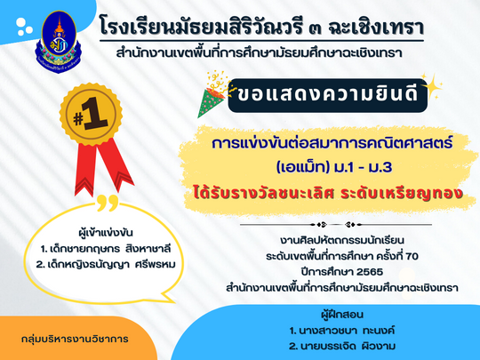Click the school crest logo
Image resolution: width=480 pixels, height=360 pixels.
point(59,42)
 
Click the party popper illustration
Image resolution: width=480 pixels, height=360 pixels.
point(213,94)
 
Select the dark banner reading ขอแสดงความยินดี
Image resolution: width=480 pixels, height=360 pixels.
point(327,95)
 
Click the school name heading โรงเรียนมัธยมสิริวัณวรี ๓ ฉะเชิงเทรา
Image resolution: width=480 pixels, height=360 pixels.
point(261,28)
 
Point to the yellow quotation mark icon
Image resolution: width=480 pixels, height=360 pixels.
point(108,203)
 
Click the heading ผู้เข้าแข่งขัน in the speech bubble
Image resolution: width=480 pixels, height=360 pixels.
point(106,233)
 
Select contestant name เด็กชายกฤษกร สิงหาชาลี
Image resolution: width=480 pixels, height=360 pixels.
point(106,249)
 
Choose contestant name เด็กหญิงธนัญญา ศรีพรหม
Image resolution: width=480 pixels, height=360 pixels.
point(106,264)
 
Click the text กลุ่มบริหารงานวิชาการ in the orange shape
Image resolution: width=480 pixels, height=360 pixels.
point(75,339)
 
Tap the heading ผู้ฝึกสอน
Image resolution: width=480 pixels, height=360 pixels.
point(342,315)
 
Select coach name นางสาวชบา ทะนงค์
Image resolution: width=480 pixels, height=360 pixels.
point(342,331)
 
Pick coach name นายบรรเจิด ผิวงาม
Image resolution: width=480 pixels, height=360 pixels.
point(342,347)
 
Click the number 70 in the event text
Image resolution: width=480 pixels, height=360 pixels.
point(412,256)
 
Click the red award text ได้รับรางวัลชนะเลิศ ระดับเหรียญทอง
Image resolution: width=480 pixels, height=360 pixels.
point(327,194)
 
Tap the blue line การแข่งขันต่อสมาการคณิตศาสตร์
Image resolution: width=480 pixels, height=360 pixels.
point(332,143)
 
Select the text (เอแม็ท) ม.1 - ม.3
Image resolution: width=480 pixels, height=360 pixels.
point(334,168)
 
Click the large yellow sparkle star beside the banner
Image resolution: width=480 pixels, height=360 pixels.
point(433,86)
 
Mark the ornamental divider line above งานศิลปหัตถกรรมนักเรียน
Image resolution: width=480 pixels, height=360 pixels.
point(336,225)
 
